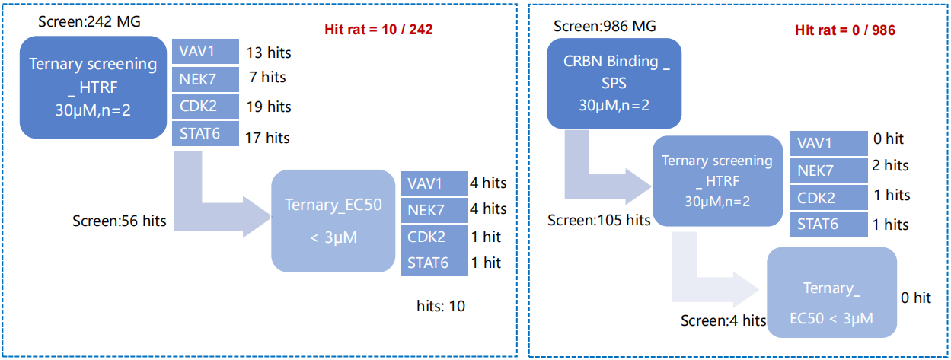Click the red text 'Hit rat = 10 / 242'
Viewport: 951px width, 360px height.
tap(378, 29)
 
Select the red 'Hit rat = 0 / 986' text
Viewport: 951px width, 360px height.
tap(845, 30)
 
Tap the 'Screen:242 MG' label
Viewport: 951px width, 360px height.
tap(89, 21)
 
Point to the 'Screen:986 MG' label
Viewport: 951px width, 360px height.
tap(605, 27)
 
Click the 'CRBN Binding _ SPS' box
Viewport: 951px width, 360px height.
tap(614, 83)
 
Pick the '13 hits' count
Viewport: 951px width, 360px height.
tap(269, 53)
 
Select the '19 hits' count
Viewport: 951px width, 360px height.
tap(269, 107)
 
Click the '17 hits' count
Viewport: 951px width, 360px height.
tap(267, 138)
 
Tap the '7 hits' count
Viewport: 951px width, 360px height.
tap(267, 78)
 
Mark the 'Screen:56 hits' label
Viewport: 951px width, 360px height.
tap(119, 221)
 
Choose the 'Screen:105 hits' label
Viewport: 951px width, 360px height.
tap(598, 220)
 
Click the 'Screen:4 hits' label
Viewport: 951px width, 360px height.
tap(723, 320)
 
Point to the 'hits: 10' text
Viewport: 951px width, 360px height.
tap(441, 306)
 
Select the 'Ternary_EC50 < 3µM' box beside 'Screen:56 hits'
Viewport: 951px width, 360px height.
tap(333, 221)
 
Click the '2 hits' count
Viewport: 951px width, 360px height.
tap(890, 166)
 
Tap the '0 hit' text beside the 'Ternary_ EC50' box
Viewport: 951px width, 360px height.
tap(916, 298)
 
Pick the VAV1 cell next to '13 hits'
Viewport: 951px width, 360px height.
tap(206, 51)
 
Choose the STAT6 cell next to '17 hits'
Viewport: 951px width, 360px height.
tap(206, 134)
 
